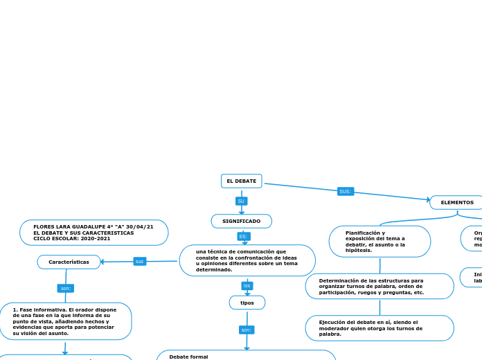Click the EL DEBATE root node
click(241, 181)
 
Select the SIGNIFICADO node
click(241, 221)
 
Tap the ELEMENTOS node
click(456, 203)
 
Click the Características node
click(69, 262)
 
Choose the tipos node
click(247, 303)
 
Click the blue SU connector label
click(241, 201)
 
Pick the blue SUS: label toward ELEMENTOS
click(345, 191)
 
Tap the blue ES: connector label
click(243, 237)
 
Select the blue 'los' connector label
click(247, 286)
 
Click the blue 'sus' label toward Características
click(140, 261)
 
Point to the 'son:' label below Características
click(66, 288)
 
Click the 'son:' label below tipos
click(247, 330)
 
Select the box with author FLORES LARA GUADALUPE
click(93, 233)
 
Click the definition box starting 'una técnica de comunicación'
click(247, 260)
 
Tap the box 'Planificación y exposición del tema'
click(379, 242)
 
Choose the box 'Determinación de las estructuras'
click(379, 287)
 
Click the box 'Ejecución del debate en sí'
click(379, 328)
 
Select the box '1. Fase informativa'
click(65, 321)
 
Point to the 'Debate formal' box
click(246, 355)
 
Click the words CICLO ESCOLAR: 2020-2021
click(72, 239)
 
